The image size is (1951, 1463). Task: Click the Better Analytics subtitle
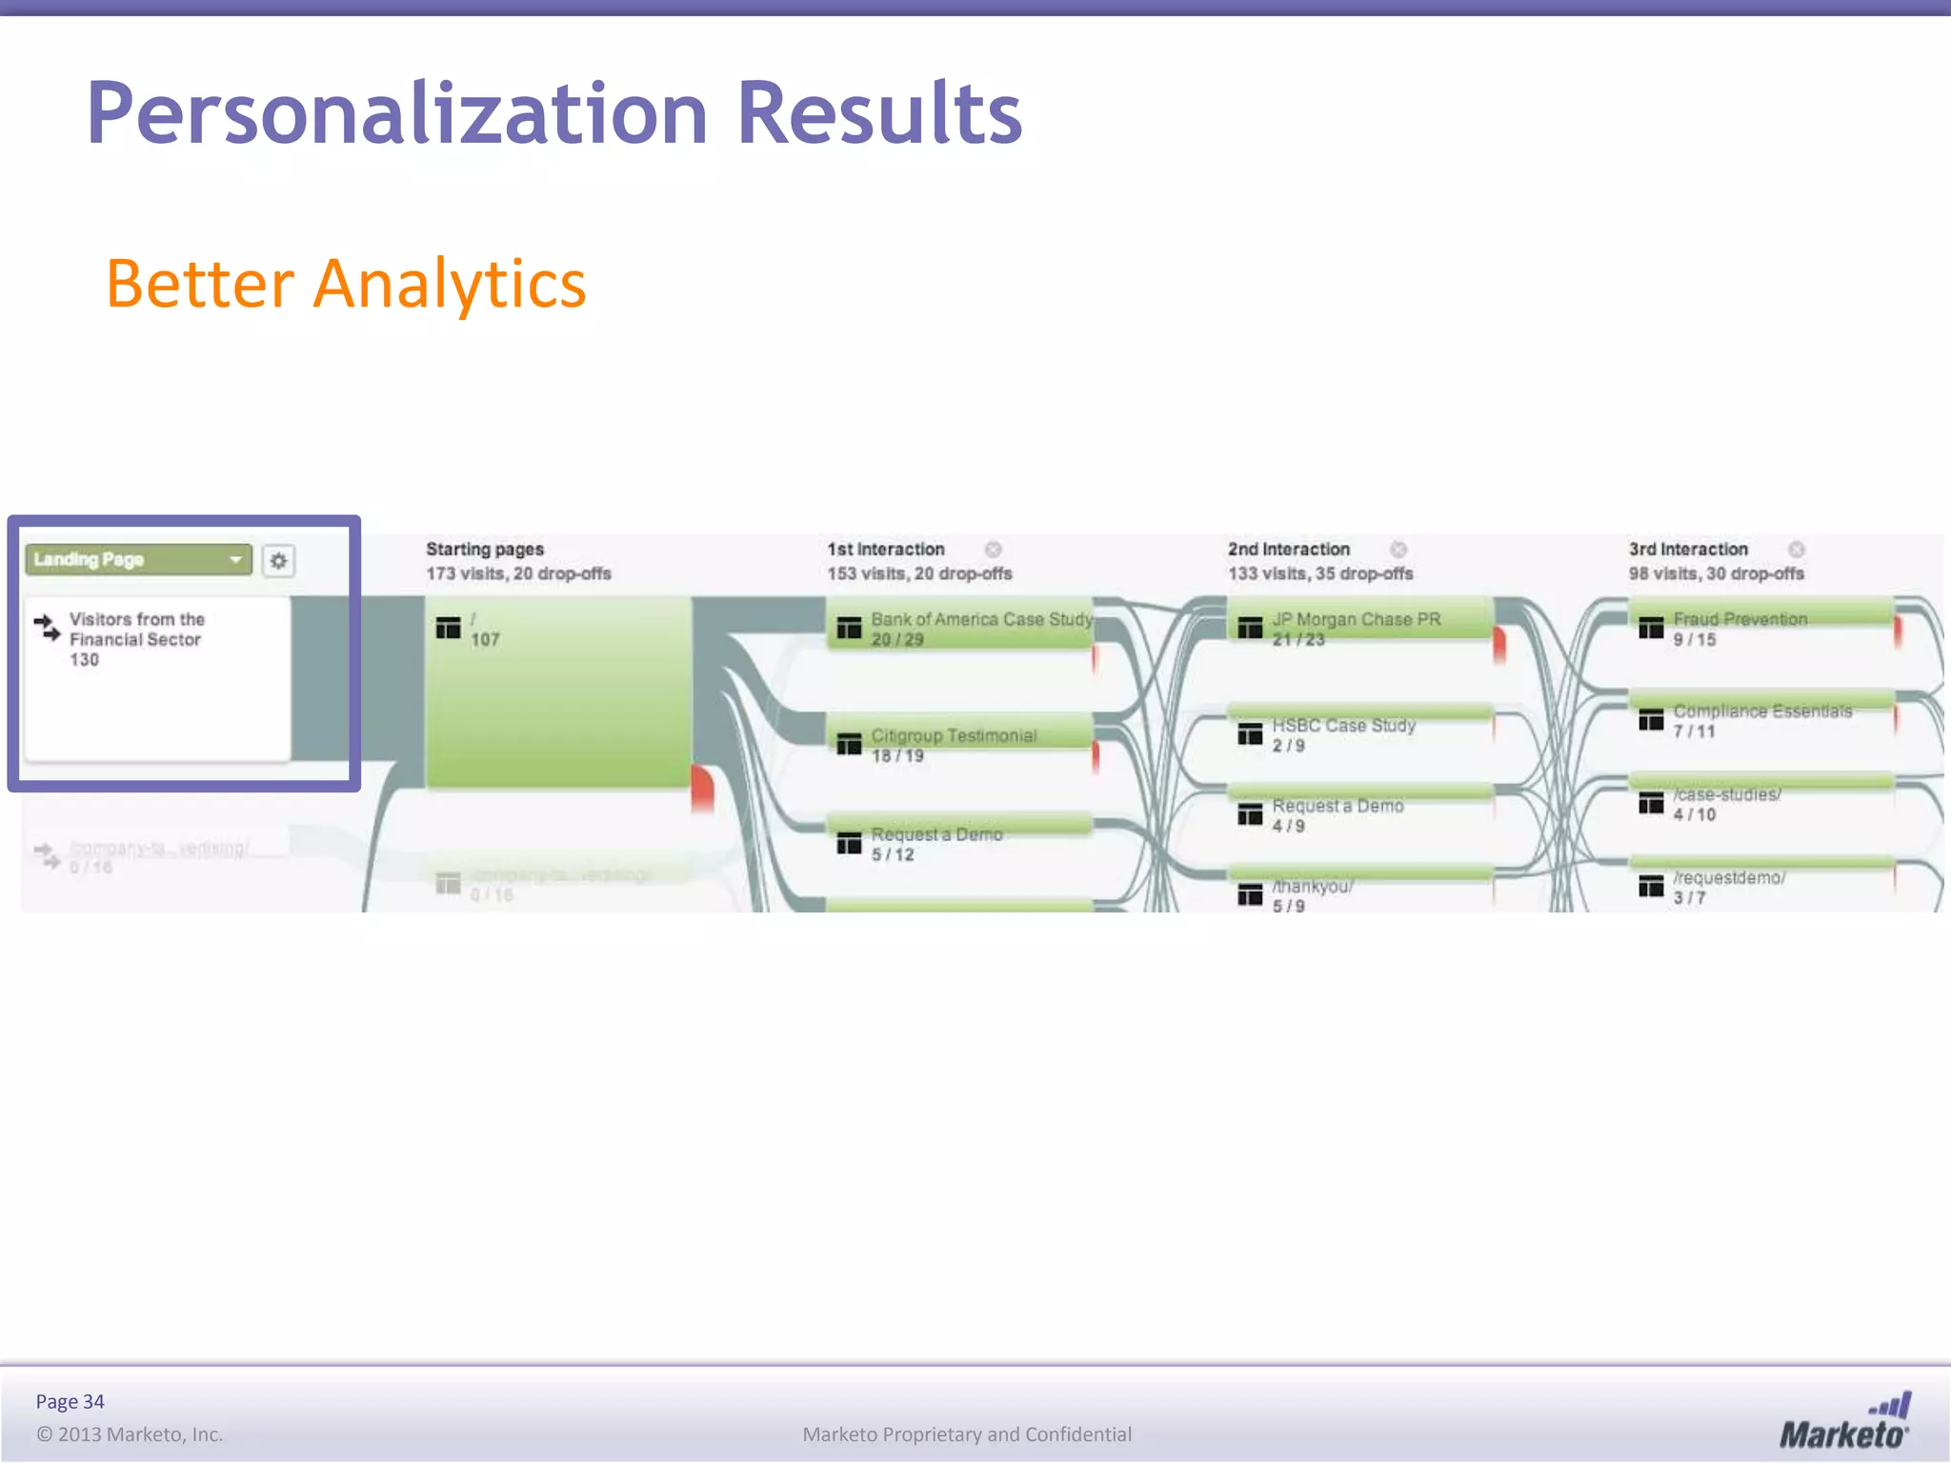[345, 284]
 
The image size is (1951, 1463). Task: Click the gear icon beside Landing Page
[278, 561]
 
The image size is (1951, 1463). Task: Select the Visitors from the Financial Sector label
[136, 630]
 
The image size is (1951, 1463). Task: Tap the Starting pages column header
[484, 550]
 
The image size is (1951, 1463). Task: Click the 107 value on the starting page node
[485, 640]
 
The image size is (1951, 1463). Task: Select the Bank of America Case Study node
[981, 620]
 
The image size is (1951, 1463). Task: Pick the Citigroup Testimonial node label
[953, 736]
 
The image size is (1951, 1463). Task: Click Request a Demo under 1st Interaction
[936, 835]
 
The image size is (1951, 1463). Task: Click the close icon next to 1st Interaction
[993, 550]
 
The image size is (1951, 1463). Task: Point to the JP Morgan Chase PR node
[1356, 620]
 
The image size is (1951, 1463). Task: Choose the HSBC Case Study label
[1343, 726]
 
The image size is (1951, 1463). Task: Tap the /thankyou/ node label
[1312, 887]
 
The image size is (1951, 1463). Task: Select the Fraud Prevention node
[1740, 620]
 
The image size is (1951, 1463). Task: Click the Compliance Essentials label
[1762, 711]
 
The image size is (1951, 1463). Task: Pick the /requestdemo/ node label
[1729, 878]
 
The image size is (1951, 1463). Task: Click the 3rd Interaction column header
[1687, 550]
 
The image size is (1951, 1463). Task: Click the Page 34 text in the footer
[70, 1401]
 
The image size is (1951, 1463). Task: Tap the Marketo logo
[1843, 1423]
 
